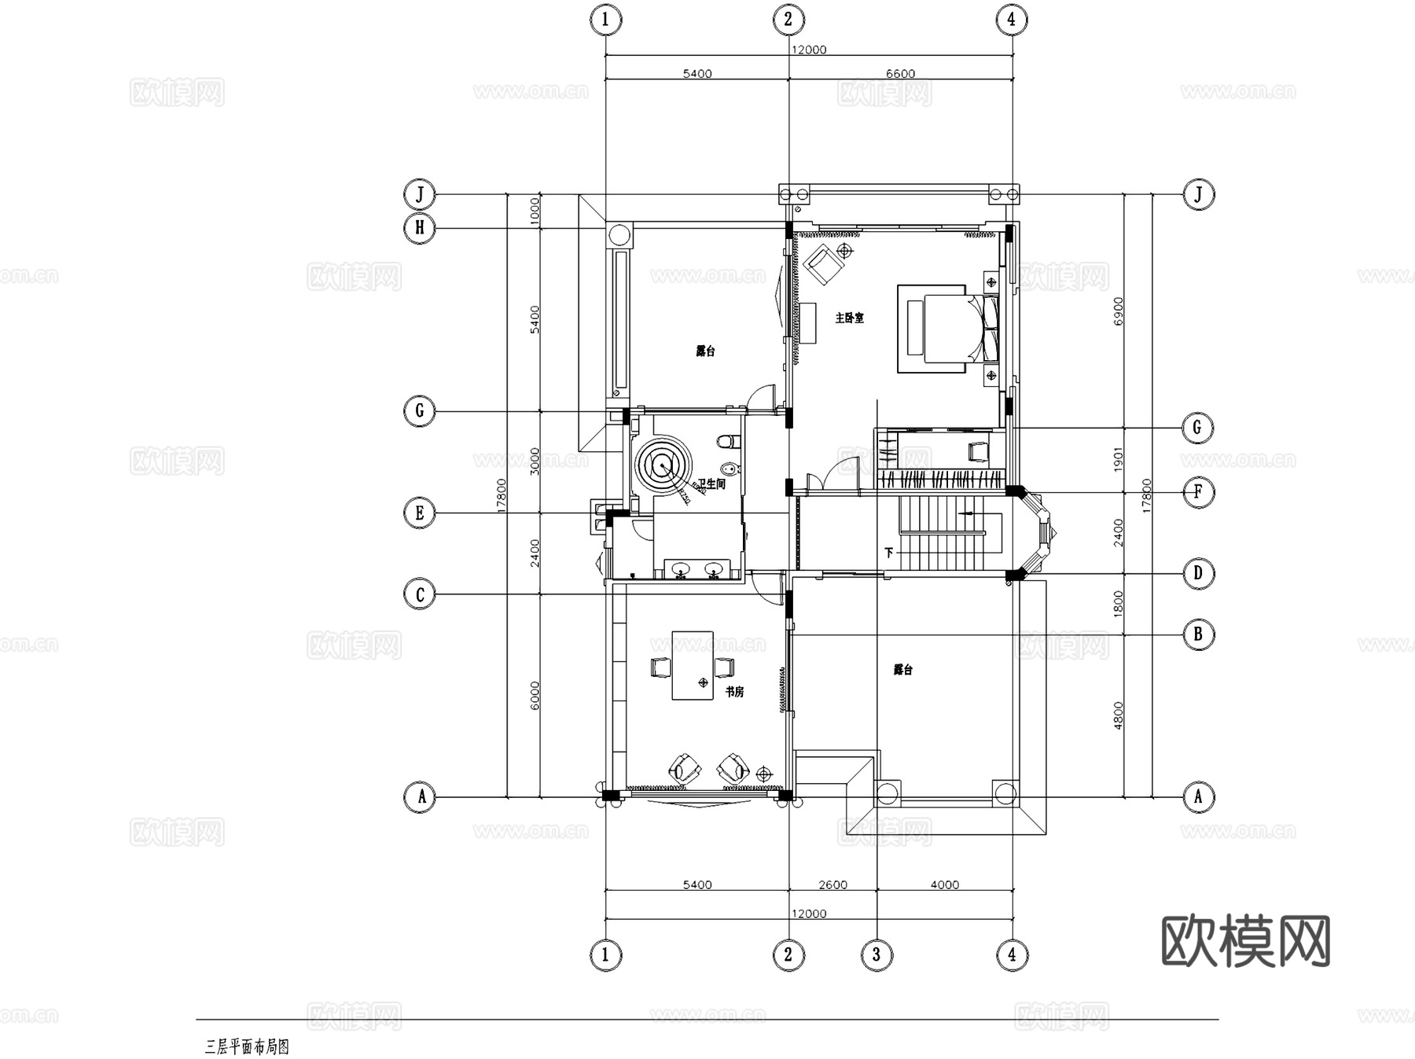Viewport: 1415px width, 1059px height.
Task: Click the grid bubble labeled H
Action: (x=420, y=228)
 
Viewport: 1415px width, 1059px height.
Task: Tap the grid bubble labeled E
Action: (x=420, y=513)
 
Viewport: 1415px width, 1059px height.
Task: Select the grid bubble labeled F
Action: (x=1198, y=492)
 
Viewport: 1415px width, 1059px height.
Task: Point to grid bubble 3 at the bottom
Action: (x=877, y=955)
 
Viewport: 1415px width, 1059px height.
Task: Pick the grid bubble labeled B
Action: (x=1198, y=634)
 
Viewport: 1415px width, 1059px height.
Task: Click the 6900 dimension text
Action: (x=1119, y=311)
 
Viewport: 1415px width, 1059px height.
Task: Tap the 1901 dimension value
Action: (x=1119, y=460)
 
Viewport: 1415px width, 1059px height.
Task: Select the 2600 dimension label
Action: (x=832, y=884)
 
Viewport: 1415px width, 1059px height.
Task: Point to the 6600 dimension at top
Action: (x=900, y=74)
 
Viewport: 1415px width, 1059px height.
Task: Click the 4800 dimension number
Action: (x=1119, y=715)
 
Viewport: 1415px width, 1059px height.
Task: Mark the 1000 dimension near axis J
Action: (x=535, y=211)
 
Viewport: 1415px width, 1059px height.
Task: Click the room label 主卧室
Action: (x=849, y=318)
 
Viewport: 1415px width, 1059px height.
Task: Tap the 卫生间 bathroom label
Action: (x=711, y=484)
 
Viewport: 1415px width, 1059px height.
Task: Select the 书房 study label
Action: (x=734, y=692)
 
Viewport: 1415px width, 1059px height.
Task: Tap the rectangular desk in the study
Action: (x=693, y=665)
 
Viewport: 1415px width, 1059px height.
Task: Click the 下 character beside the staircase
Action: (x=889, y=553)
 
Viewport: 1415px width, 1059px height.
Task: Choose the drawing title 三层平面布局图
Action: (x=247, y=1046)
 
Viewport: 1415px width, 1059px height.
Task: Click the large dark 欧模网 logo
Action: (x=1245, y=941)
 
